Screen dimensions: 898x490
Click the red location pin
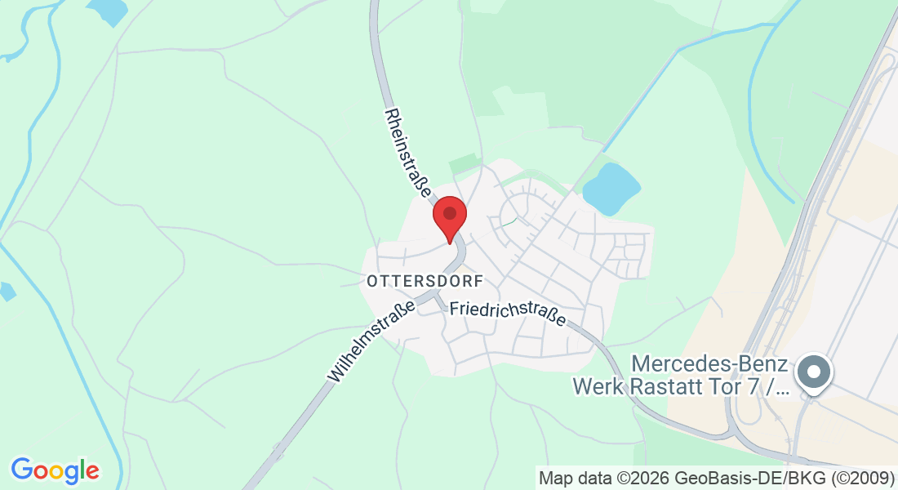(449, 217)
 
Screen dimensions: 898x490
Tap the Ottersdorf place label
(425, 281)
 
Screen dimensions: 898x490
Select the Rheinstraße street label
(407, 154)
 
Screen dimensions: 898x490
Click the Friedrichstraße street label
(508, 311)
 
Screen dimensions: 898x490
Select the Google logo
(55, 470)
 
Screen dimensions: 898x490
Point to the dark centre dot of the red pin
(449, 212)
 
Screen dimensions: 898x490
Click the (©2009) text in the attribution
(865, 477)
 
